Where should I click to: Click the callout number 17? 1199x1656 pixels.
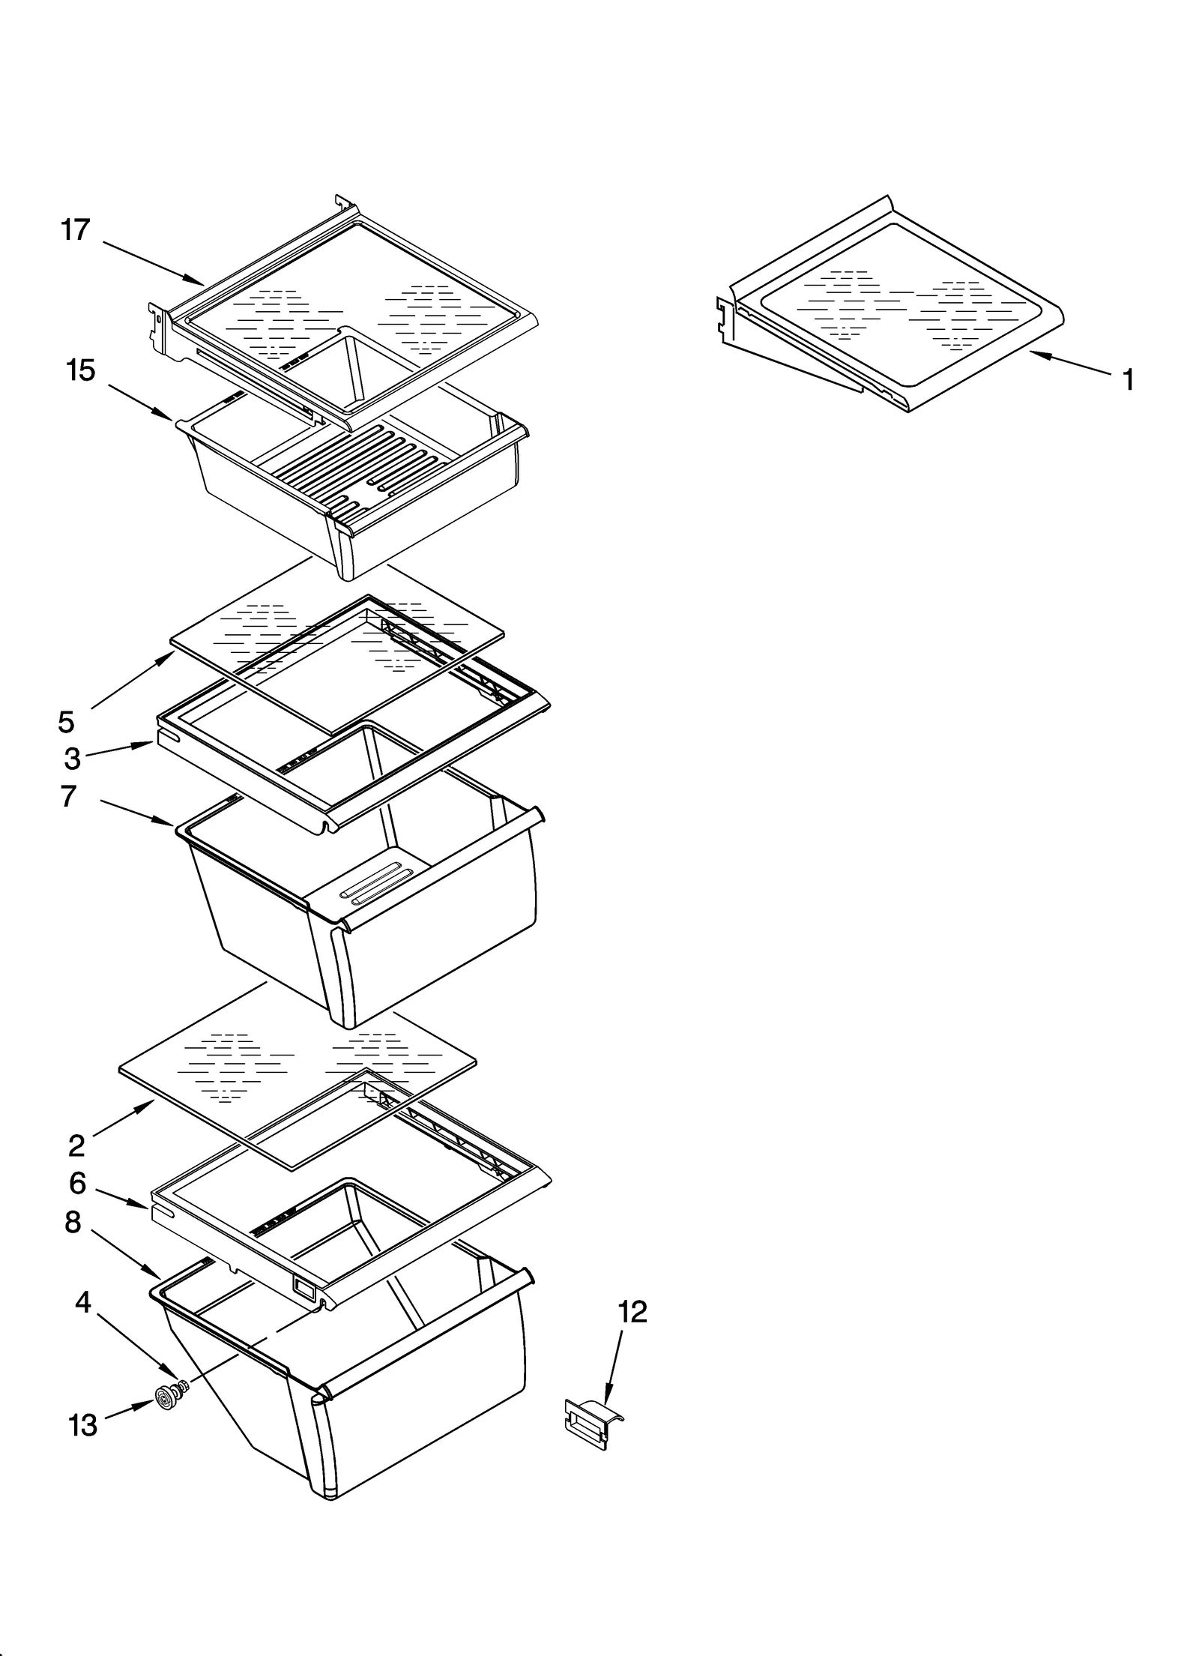point(75,229)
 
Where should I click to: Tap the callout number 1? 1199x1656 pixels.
point(1128,380)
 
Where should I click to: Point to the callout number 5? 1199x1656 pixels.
point(66,722)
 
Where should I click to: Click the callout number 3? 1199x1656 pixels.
point(72,759)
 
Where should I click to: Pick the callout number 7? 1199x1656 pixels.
point(68,796)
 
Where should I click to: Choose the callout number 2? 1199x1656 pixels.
point(76,1145)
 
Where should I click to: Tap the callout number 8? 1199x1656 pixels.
point(73,1223)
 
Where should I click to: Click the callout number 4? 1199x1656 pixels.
point(83,1302)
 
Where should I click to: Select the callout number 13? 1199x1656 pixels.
point(83,1425)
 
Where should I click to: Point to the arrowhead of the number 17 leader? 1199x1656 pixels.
point(199,283)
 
